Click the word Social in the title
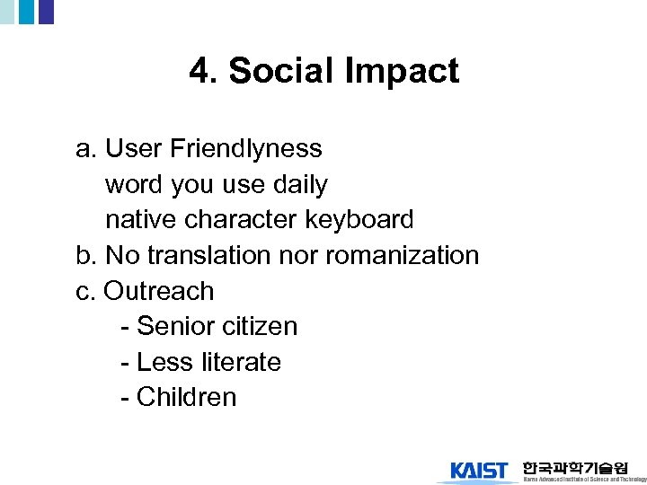[x=276, y=71]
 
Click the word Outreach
[x=159, y=291]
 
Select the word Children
[x=186, y=397]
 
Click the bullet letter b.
[x=85, y=255]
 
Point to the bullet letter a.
[x=85, y=148]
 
